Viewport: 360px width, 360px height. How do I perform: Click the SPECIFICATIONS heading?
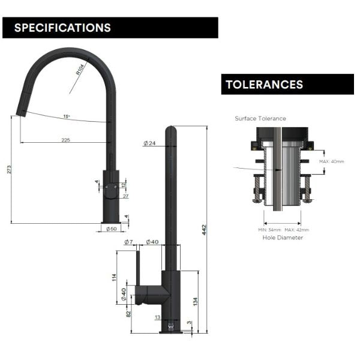62,28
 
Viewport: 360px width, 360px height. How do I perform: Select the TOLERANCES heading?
264,85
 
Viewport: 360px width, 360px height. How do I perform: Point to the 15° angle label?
66,116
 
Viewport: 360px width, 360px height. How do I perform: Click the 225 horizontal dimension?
65,139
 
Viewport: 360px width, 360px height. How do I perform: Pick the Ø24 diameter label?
150,143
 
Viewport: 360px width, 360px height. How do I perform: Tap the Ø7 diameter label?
128,242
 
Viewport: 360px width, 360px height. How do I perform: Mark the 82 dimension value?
128,313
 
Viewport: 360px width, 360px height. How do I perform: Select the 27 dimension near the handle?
125,196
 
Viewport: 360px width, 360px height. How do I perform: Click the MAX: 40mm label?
331,161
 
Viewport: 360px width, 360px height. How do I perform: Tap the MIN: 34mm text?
269,230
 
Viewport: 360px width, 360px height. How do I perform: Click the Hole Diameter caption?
283,238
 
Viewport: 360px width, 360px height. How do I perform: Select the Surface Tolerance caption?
260,118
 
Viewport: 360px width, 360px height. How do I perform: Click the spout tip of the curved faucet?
21,112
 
